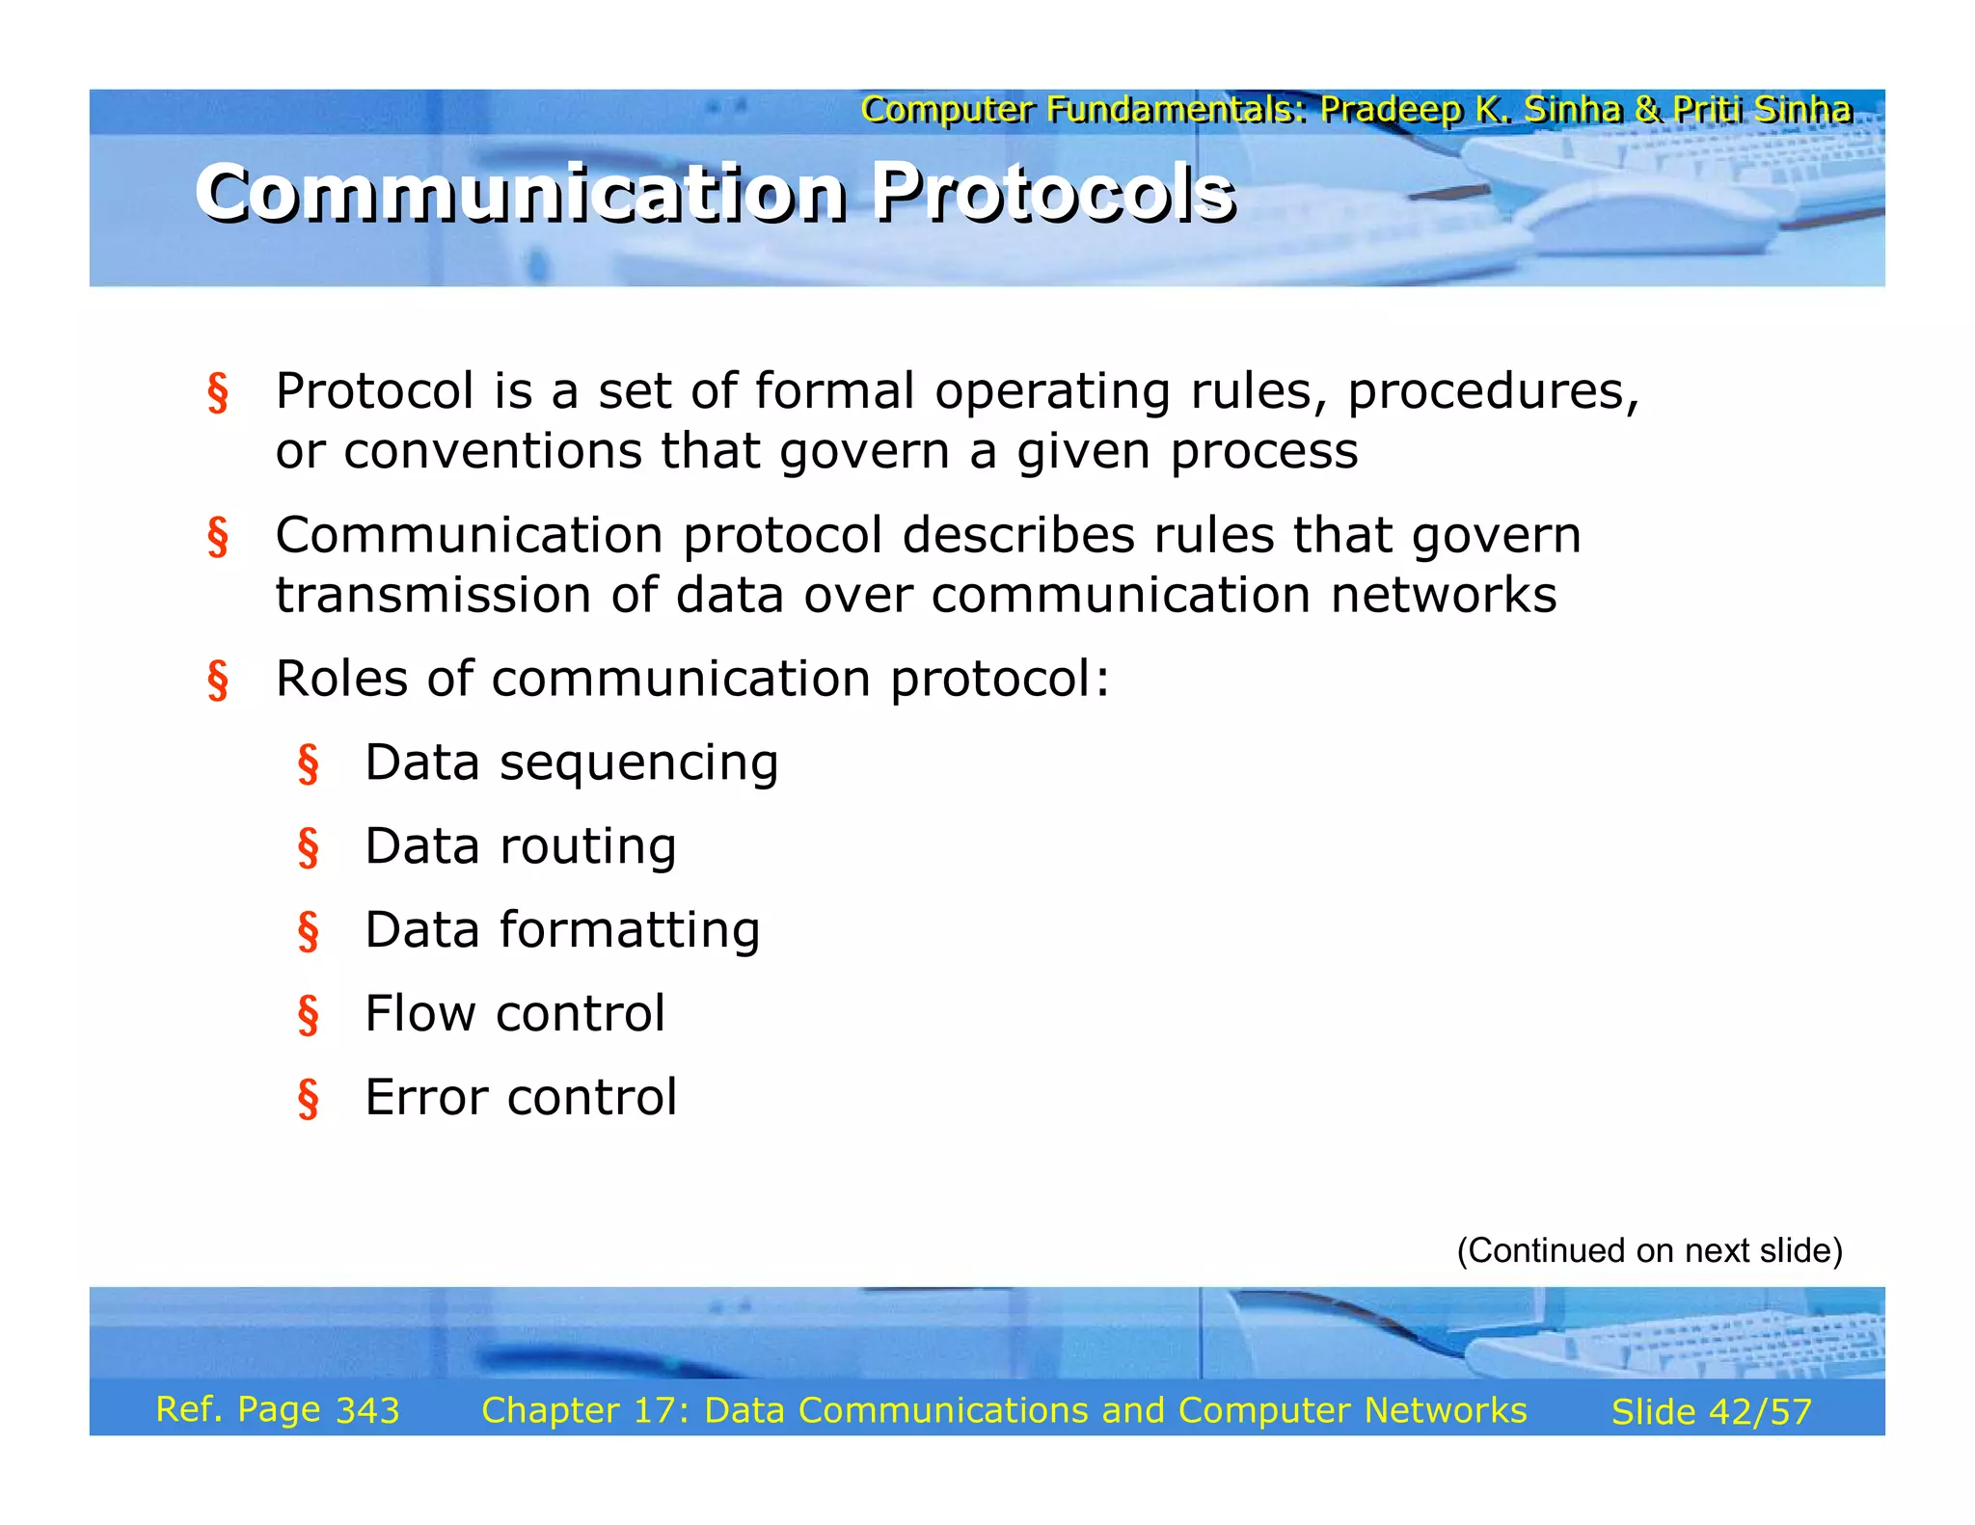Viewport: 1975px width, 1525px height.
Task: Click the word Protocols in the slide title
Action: pyautogui.click(x=1053, y=193)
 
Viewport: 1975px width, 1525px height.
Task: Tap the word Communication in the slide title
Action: pyautogui.click(x=521, y=193)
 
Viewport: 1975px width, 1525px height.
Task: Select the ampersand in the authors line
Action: pyautogui.click(x=1647, y=110)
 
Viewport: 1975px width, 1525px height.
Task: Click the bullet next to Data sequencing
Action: pyautogui.click(x=308, y=764)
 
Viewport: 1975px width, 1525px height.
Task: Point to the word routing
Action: pyautogui.click(x=587, y=847)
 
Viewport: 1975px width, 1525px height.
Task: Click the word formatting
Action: pyautogui.click(x=629, y=931)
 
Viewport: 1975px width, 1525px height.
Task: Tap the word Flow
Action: pyautogui.click(x=419, y=1014)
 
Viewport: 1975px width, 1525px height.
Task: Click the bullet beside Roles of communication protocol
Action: pyautogui.click(x=218, y=681)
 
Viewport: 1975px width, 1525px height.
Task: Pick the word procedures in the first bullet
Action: pyautogui.click(x=1492, y=392)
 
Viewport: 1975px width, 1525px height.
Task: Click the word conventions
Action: pyautogui.click(x=493, y=451)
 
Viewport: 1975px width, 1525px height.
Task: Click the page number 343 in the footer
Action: pyautogui.click(x=367, y=1411)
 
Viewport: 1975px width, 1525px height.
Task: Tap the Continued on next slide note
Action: pyautogui.click(x=1649, y=1251)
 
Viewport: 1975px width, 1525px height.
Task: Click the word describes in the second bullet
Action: pyautogui.click(x=1017, y=536)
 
